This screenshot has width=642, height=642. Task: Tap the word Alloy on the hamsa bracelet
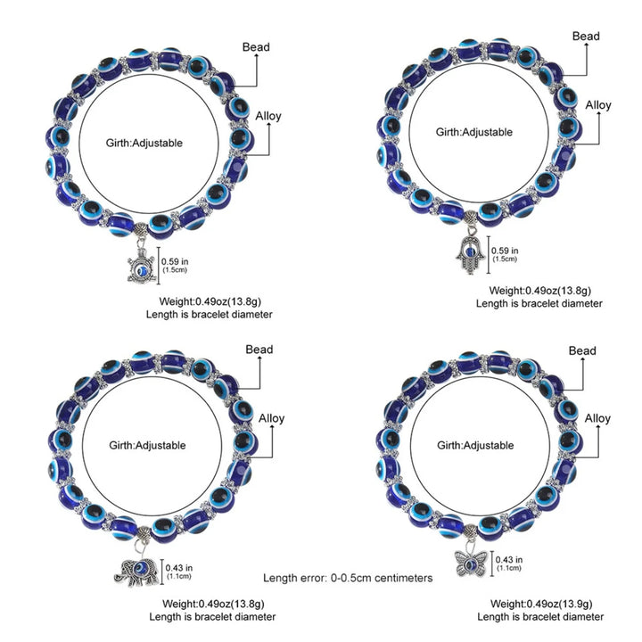[598, 105]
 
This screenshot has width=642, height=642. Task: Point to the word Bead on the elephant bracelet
[259, 350]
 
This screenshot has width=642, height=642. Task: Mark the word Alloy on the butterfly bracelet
[597, 418]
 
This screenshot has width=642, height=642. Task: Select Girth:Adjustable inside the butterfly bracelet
[473, 444]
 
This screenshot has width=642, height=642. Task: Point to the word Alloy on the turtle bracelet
[269, 117]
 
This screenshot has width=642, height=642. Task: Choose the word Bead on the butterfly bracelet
[581, 351]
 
